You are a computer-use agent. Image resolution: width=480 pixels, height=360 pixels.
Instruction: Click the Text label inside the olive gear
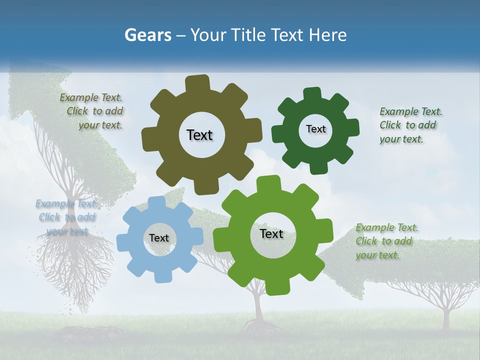coord(199,135)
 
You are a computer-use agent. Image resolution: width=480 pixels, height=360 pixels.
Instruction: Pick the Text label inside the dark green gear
coord(315,129)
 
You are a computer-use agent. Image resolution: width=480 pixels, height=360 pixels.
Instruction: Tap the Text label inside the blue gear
coord(159,238)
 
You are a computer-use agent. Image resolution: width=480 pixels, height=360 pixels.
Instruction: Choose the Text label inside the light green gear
coord(271,234)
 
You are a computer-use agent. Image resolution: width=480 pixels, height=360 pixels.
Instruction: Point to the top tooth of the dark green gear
coord(312,94)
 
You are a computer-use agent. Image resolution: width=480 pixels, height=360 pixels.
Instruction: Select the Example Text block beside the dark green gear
coord(410,125)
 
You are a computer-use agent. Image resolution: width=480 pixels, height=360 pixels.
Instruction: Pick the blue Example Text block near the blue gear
coord(66,217)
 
